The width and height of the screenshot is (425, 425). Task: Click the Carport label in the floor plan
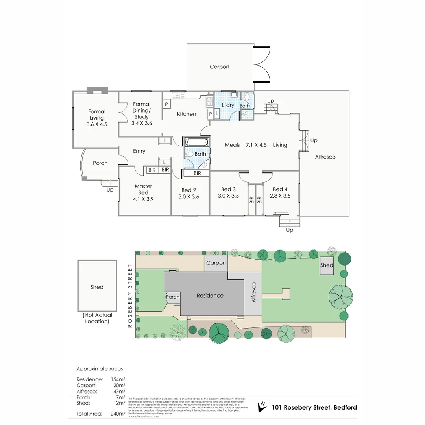click(219, 67)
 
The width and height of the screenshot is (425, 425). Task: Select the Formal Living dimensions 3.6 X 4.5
click(97, 124)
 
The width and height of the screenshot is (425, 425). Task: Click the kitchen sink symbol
click(179, 95)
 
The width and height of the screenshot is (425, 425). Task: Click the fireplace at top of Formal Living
click(97, 90)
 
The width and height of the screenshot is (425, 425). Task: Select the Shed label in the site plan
click(327, 265)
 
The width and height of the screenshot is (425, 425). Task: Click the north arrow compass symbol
click(261, 407)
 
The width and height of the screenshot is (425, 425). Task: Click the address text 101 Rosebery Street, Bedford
click(314, 407)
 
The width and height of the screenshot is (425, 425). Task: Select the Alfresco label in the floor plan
click(325, 157)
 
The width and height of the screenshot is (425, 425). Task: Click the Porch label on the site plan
click(173, 297)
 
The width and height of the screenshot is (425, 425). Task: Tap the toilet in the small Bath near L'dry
click(247, 96)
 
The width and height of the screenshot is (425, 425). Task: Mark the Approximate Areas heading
click(100, 369)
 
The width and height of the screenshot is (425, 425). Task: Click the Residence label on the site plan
click(210, 296)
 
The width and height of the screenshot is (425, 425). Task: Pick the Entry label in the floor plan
click(139, 151)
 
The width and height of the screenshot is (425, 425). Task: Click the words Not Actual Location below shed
click(97, 318)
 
